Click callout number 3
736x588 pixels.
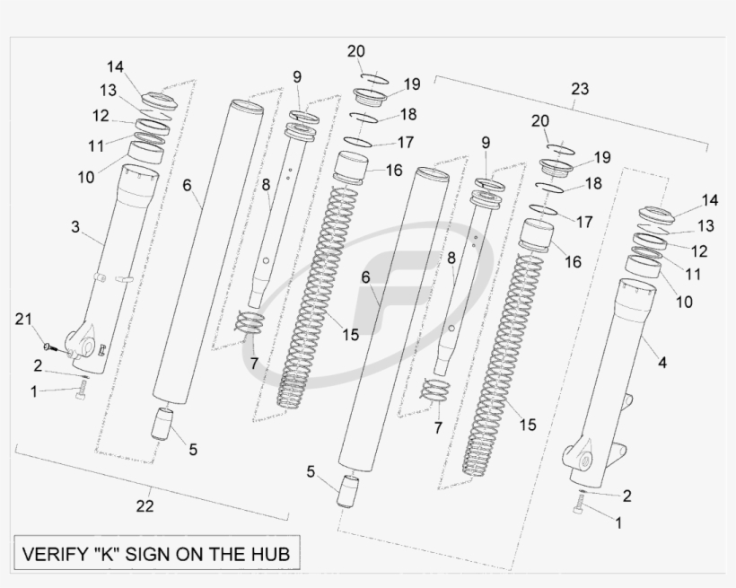coord(76,227)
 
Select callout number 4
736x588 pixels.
coord(662,363)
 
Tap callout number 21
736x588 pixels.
coord(24,320)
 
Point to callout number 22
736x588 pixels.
coord(145,505)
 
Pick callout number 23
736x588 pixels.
coord(580,89)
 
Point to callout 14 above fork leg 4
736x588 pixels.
coord(709,199)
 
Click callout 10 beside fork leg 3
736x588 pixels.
coord(85,177)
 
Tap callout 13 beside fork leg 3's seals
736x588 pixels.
coord(109,90)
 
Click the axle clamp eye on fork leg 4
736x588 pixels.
coord(583,458)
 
